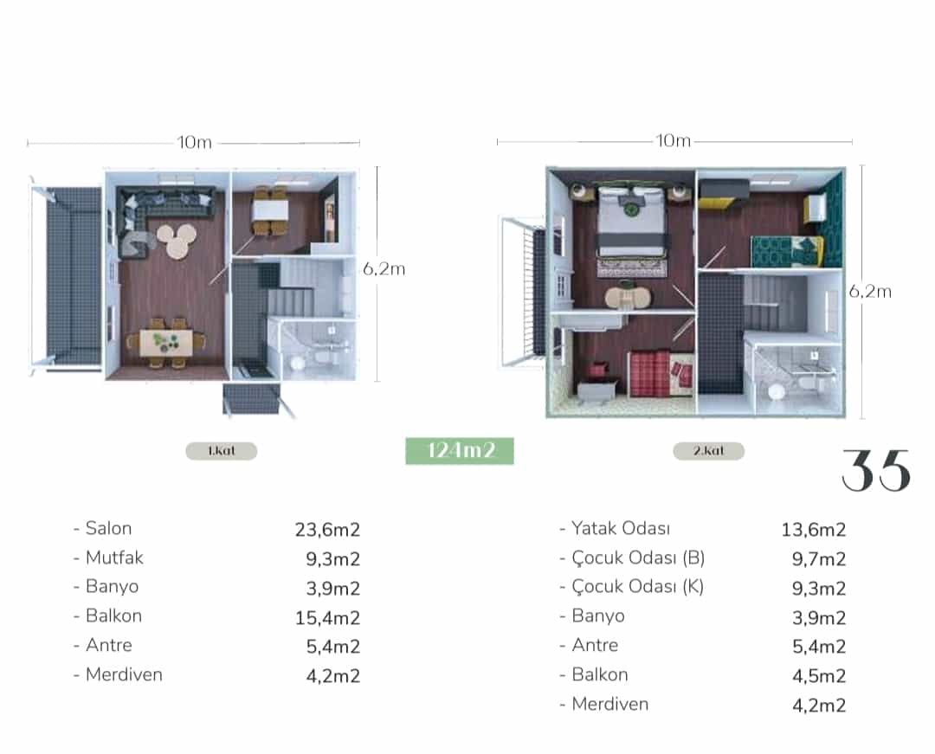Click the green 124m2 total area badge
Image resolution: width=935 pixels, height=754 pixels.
click(459, 451)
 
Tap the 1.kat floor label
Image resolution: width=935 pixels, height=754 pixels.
click(222, 451)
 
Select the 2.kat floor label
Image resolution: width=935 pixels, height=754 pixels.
click(708, 451)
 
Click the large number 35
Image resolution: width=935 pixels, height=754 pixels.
click(876, 471)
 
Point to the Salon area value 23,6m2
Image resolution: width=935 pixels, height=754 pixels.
click(327, 529)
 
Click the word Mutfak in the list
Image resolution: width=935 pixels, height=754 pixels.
click(114, 557)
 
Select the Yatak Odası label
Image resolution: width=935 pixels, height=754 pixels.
click(621, 528)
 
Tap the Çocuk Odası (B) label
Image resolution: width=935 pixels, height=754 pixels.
click(638, 557)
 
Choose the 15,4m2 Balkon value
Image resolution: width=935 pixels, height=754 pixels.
click(327, 618)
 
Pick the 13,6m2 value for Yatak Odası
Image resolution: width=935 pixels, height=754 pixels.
click(813, 529)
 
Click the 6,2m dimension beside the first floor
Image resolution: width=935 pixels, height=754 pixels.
click(384, 269)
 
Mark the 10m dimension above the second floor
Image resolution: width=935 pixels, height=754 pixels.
click(674, 140)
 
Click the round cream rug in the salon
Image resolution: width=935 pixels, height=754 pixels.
click(177, 240)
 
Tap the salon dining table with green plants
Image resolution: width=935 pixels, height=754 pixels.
click(166, 343)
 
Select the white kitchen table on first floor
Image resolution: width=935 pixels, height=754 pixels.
click(270, 210)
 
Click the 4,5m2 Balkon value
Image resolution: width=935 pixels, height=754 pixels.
click(819, 676)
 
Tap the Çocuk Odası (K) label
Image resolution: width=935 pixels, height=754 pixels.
click(637, 587)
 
